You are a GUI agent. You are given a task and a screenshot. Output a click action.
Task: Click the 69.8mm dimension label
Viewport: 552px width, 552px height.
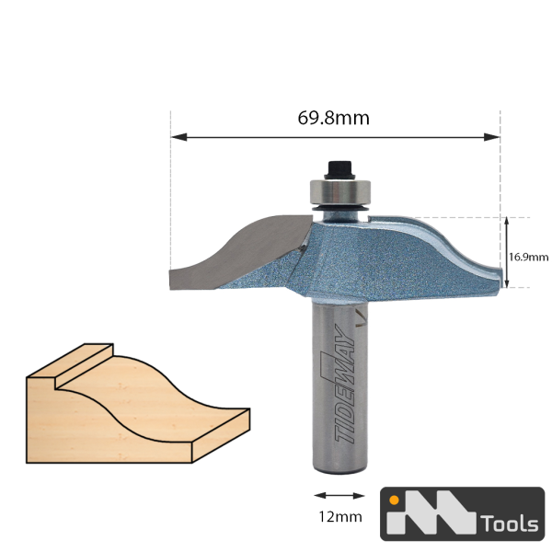[333, 118]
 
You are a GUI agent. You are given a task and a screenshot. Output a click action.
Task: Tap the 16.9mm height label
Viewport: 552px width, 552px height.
[528, 258]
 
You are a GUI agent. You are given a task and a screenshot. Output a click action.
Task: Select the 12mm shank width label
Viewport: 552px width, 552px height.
[340, 517]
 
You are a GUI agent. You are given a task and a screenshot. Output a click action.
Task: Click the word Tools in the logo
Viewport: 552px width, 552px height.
[511, 523]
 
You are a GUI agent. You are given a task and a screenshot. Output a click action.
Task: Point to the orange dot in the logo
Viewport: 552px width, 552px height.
[395, 500]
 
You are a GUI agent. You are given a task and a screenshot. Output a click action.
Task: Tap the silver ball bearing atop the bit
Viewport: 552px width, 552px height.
[340, 192]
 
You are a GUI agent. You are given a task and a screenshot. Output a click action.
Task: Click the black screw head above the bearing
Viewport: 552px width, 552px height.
[340, 170]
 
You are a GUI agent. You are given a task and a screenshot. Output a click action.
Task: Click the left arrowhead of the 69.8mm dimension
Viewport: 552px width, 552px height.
[178, 137]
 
